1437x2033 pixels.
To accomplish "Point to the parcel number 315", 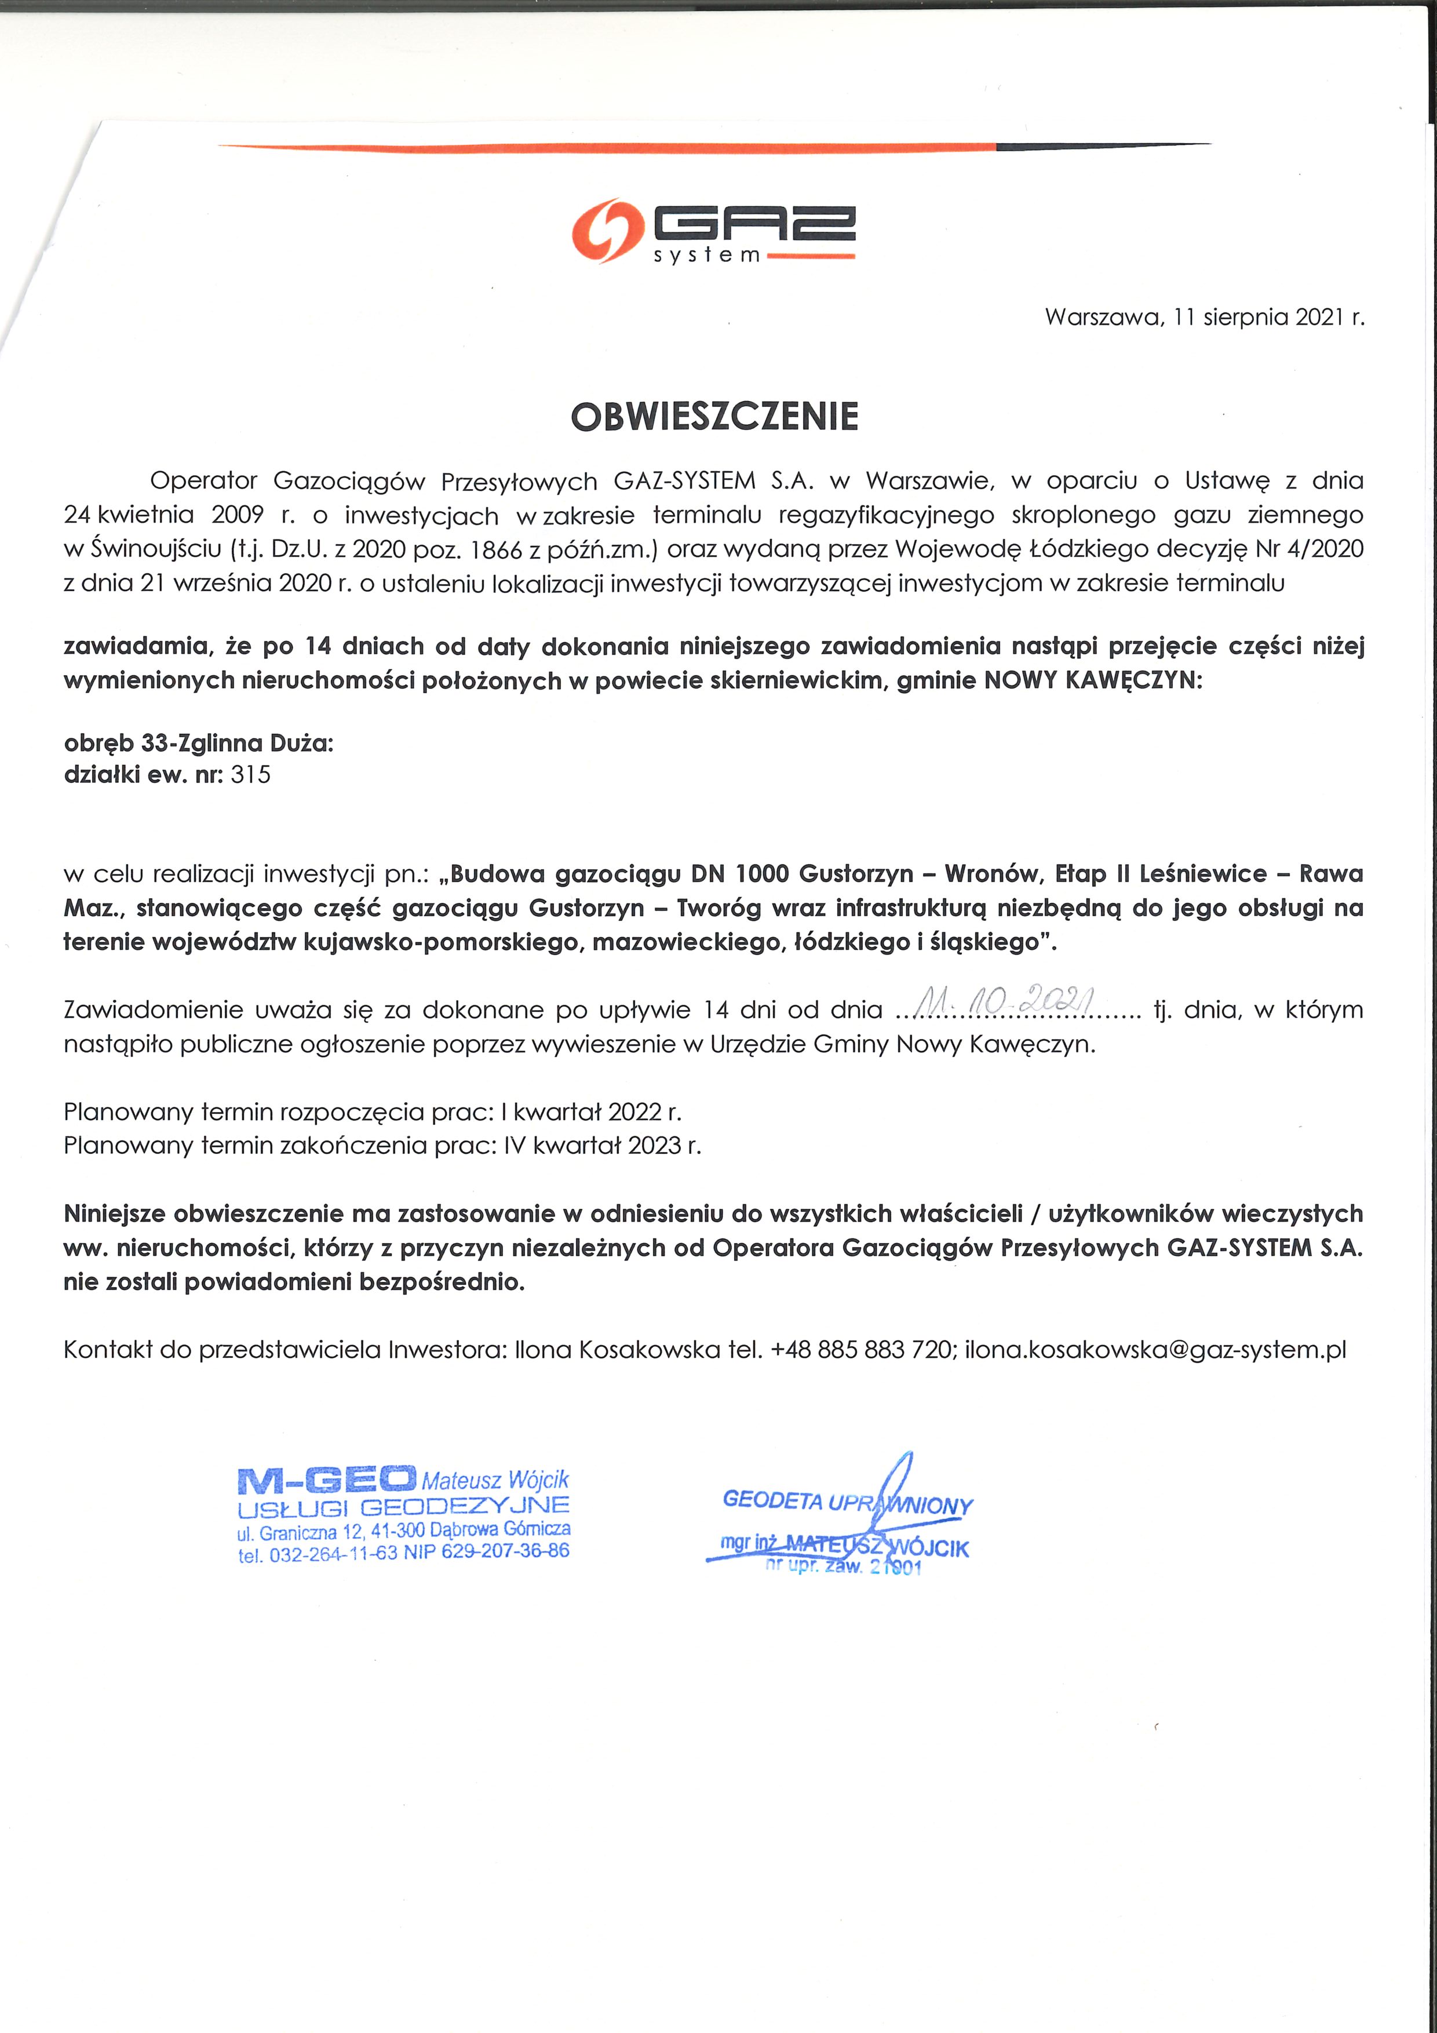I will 250,775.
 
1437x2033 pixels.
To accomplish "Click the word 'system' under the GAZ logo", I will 706,257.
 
